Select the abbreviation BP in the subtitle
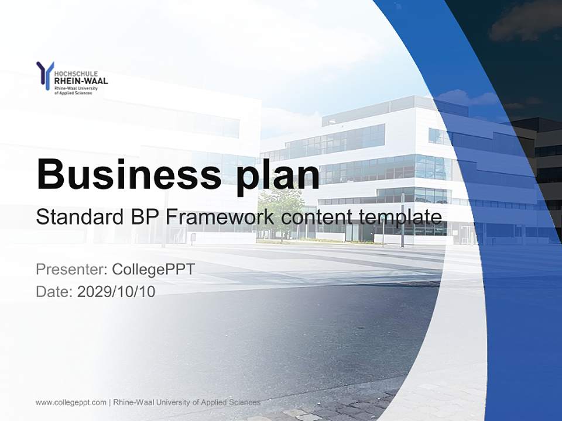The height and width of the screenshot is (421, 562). coord(143,218)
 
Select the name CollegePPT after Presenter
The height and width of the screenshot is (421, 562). coord(153,270)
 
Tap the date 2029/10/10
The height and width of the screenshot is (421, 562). coord(116,291)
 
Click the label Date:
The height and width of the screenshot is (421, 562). coord(54,291)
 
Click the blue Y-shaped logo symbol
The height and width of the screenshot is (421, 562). coord(44,75)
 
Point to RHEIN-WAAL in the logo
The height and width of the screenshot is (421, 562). coord(81,81)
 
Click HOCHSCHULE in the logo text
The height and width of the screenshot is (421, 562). coord(76,74)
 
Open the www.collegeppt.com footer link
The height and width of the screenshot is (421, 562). coord(71,402)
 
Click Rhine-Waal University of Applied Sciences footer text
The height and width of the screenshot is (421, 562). coord(186,402)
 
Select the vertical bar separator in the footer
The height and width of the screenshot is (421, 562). coord(109,402)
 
